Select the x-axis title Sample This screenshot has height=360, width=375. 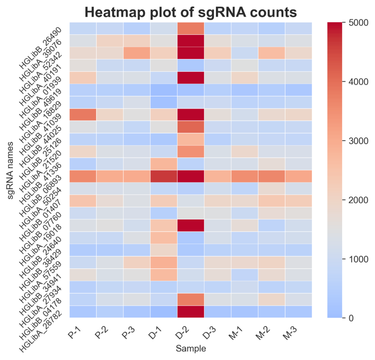point(191,349)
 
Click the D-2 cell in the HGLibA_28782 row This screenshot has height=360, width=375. point(191,312)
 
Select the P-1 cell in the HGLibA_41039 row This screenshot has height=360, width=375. point(83,115)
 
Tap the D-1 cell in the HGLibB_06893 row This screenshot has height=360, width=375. point(164,176)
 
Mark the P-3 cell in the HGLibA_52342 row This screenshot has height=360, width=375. point(137,53)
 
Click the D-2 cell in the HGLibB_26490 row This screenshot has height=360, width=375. point(191,28)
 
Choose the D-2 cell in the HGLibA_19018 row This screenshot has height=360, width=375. point(191,225)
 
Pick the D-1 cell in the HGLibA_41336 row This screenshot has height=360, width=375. point(164,164)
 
